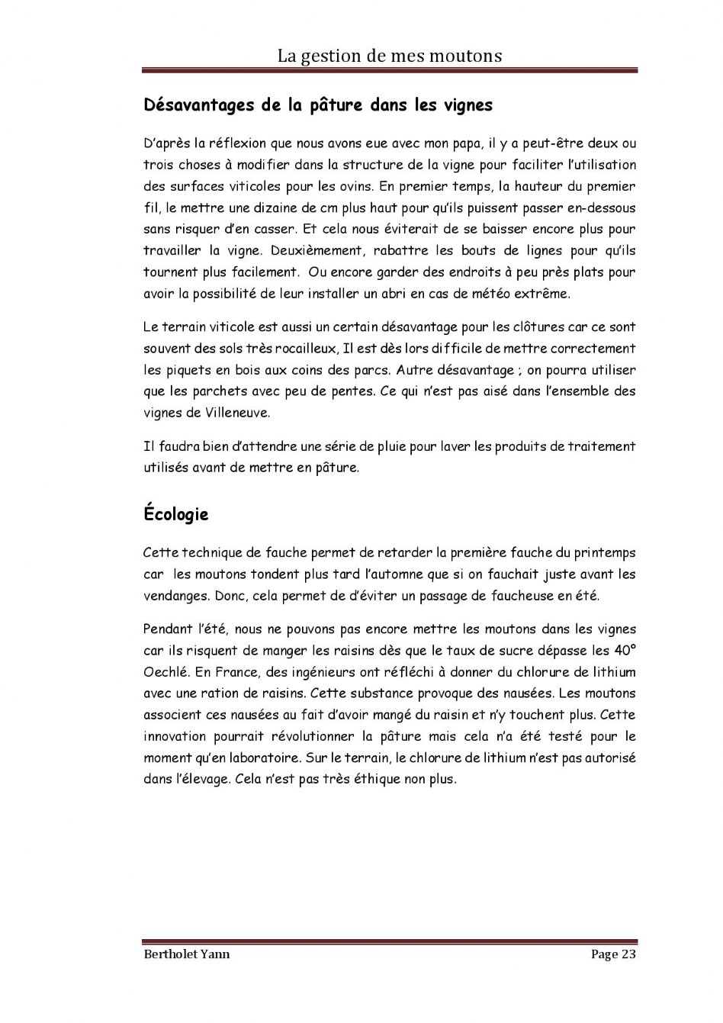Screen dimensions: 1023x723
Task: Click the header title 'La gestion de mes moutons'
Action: (389, 56)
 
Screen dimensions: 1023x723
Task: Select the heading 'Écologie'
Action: (175, 514)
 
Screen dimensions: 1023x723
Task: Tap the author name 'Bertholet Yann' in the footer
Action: (186, 954)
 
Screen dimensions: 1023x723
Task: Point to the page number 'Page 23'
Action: (613, 954)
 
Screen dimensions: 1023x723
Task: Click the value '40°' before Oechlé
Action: (625, 651)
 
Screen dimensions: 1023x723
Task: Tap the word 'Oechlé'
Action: (165, 672)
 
